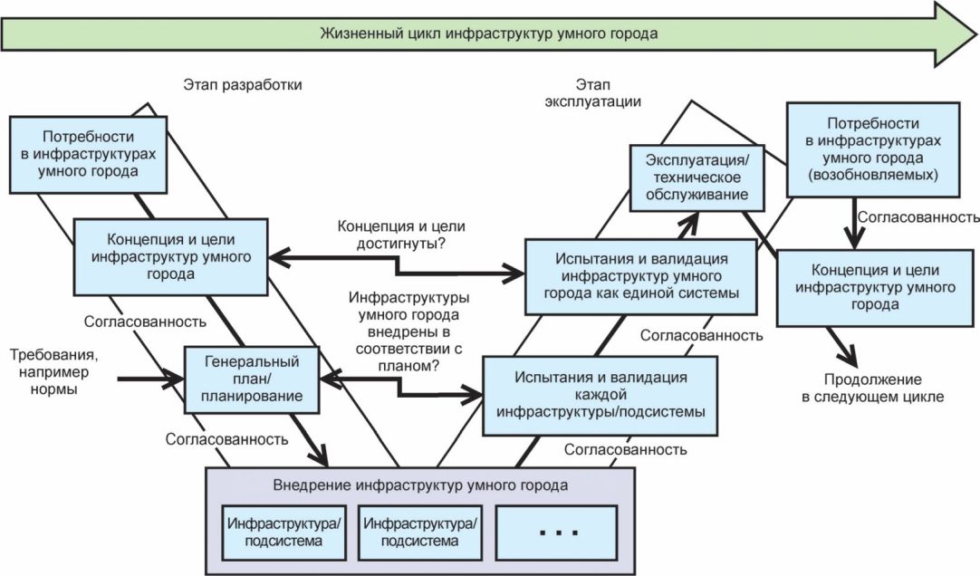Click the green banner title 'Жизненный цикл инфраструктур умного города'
click(489, 34)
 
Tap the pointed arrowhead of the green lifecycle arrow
click(976, 34)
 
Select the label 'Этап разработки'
click(243, 84)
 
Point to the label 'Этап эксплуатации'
click(592, 92)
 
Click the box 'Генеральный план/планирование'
click(252, 379)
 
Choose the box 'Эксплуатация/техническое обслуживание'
click(697, 178)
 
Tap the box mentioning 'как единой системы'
click(640, 276)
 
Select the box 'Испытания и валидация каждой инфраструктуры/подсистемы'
click(600, 395)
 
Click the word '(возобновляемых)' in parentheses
click(872, 175)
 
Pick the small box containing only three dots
click(556, 533)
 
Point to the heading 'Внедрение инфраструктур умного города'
click(420, 485)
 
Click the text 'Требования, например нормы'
click(53, 371)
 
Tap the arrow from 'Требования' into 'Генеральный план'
click(150, 379)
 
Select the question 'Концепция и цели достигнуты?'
click(401, 235)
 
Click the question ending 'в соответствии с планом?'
click(408, 331)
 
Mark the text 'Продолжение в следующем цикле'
click(872, 388)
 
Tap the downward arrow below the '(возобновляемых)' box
click(854, 223)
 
